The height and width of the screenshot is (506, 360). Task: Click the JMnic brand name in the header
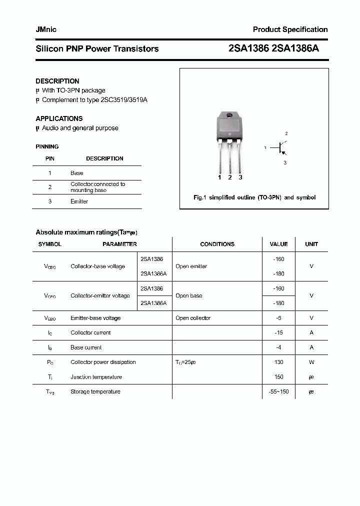pos(46,29)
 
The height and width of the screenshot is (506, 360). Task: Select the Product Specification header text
pos(290,29)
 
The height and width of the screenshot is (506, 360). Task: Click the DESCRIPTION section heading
pos(57,81)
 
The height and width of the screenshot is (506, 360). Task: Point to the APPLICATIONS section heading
pos(59,118)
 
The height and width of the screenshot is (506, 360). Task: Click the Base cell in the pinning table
pos(77,173)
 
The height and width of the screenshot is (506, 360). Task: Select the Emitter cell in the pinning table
pos(79,201)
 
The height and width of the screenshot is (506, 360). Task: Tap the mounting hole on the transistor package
pos(230,116)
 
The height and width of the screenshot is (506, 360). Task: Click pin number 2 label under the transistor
pos(229,177)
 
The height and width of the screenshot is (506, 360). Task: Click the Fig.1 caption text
pos(254,197)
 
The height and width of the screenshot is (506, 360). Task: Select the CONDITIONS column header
pos(217,244)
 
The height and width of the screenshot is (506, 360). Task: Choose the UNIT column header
pos(311,244)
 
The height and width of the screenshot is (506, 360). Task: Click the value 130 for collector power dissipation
pos(278,362)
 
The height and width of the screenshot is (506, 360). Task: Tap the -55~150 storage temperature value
pos(278,391)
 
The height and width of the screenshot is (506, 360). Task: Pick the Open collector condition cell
pos(193,318)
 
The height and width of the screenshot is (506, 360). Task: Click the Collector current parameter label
pos(90,332)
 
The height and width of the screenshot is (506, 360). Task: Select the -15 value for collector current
pos(278,332)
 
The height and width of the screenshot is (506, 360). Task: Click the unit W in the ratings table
pos(311,362)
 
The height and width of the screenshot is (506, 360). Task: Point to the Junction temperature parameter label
pos(96,377)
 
